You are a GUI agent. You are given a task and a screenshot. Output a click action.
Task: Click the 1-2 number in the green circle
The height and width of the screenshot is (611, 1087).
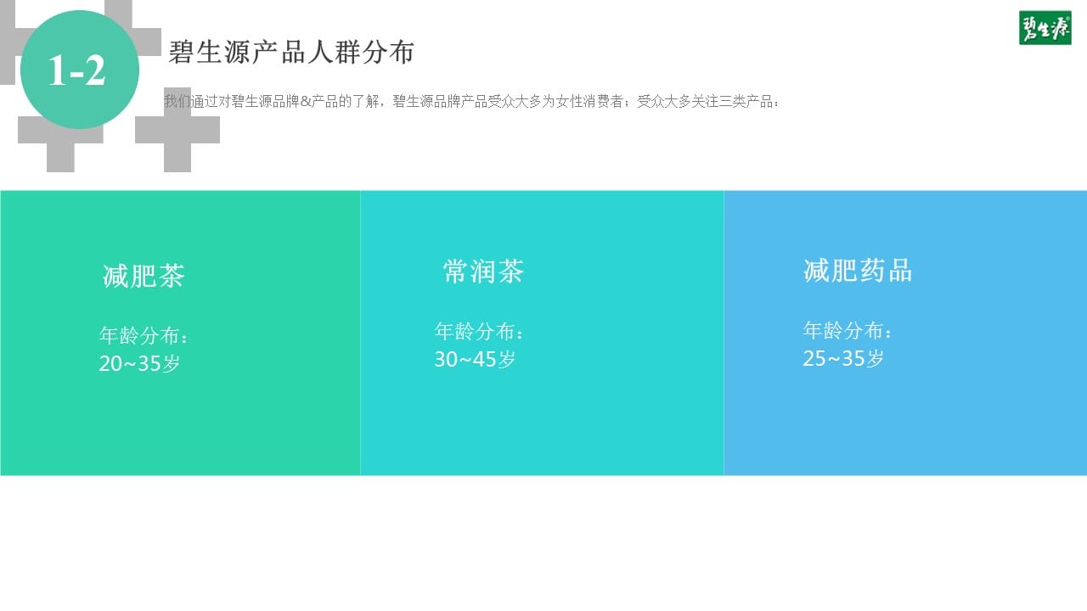[77, 70]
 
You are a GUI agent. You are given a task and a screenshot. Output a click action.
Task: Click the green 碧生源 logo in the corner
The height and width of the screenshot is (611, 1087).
[1045, 28]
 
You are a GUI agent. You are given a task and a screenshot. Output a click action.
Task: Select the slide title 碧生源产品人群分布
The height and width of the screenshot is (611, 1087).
[291, 52]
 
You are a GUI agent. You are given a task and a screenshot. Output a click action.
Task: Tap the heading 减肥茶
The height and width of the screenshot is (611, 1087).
[144, 276]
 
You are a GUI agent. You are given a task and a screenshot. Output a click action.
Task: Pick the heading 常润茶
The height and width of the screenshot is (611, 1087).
[483, 271]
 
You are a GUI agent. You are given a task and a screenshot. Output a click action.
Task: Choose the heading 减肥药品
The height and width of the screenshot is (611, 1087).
[858, 271]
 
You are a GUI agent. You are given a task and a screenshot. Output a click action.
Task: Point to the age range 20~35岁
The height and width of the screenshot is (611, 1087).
[139, 363]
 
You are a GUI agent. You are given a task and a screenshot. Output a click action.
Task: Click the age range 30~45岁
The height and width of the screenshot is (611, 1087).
[475, 359]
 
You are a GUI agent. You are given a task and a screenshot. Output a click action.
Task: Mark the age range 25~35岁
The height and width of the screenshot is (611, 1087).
[843, 358]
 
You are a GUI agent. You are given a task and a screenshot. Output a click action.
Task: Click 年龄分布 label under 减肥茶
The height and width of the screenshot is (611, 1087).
[139, 335]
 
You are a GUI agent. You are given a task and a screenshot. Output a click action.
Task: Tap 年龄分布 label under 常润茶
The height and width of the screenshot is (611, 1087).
[475, 332]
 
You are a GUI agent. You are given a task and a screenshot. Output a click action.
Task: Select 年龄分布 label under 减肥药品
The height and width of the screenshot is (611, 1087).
[843, 331]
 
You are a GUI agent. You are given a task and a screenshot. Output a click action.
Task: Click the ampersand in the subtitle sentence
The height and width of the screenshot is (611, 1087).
[305, 101]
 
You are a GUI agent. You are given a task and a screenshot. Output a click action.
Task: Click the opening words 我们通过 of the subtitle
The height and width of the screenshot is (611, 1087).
[191, 101]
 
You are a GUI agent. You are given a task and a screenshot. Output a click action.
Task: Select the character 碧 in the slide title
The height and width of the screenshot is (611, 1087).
[182, 52]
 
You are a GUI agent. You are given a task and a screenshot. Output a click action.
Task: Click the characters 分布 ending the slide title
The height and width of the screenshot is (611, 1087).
[388, 52]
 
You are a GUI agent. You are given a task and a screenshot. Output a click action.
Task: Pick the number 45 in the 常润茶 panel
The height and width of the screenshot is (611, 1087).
[484, 359]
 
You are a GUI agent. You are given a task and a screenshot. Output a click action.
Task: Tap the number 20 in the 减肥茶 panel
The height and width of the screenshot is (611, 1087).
[110, 363]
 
